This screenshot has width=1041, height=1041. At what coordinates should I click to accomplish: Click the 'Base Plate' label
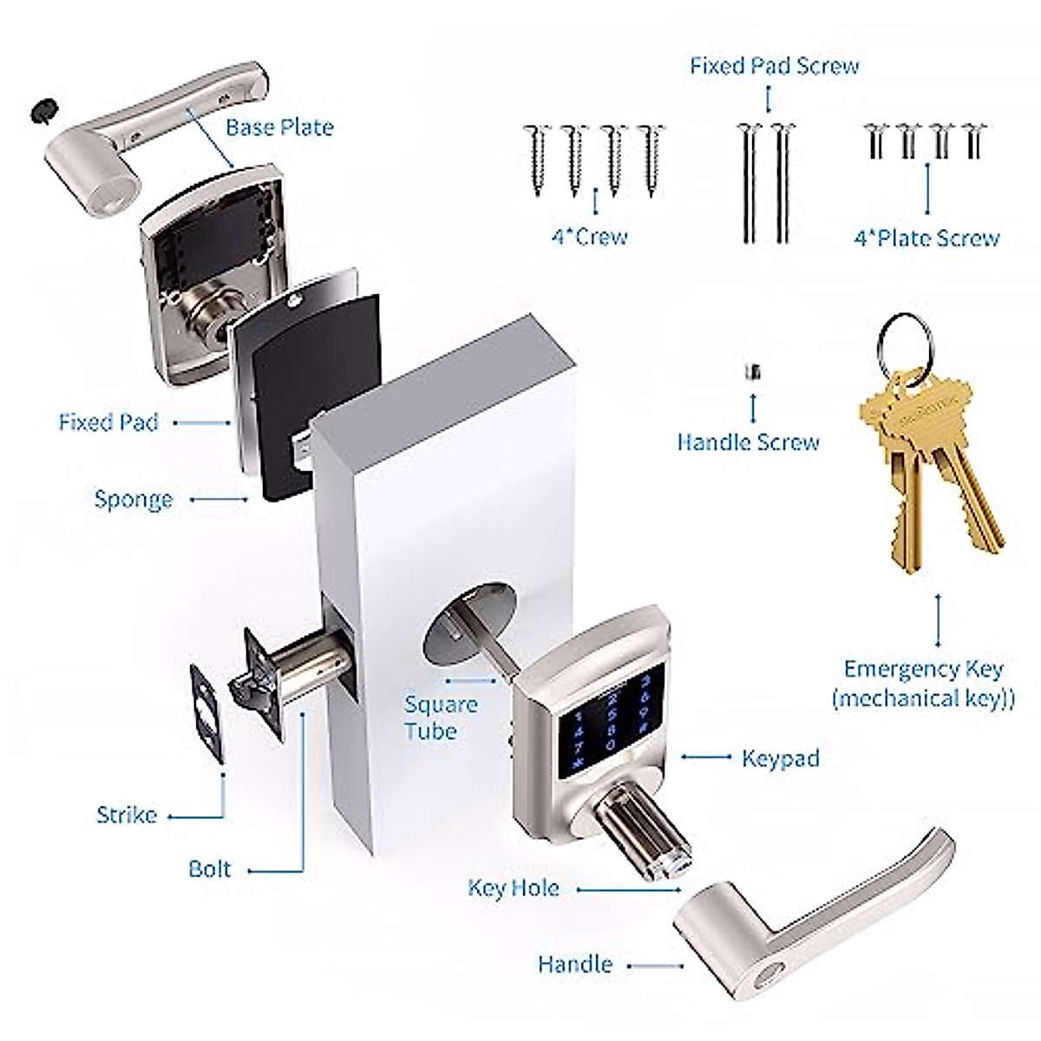click(279, 128)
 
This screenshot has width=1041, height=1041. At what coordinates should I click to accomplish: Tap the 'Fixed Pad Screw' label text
click(774, 66)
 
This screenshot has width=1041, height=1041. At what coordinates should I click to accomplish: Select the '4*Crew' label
click(589, 237)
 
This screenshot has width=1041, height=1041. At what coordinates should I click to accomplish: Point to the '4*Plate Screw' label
click(926, 239)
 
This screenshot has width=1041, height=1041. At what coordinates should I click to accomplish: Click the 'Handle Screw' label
click(748, 442)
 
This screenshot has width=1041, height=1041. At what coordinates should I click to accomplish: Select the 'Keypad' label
click(780, 758)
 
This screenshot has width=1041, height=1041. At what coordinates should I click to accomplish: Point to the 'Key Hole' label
click(513, 888)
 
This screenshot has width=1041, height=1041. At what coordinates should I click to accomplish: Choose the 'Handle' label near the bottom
click(575, 964)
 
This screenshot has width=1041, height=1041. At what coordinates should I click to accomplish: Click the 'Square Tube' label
click(441, 717)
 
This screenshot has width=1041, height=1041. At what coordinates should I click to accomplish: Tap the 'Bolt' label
click(210, 868)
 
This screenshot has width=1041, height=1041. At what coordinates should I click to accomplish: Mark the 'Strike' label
click(127, 815)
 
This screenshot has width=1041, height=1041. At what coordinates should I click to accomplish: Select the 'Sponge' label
click(134, 500)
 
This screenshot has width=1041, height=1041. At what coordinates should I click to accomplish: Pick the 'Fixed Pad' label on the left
click(108, 422)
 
